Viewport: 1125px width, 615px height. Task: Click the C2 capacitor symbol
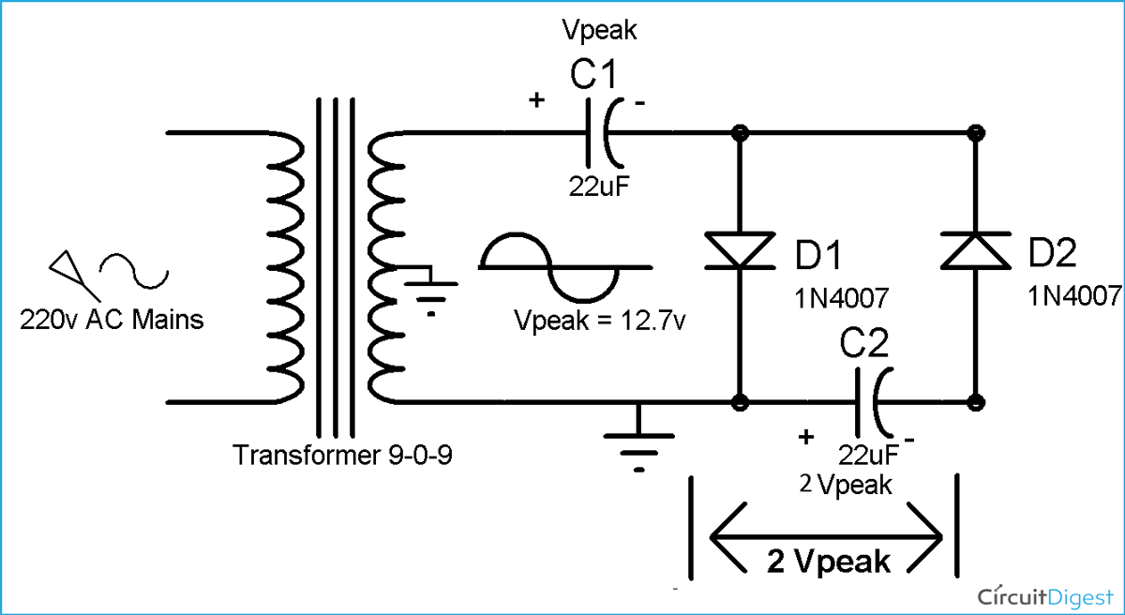(x=867, y=402)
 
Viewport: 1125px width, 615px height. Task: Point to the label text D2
(x=1053, y=253)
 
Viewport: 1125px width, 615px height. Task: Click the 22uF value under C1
(x=599, y=186)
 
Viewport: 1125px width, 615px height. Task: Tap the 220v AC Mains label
(x=112, y=321)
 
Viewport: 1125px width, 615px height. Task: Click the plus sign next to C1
(x=536, y=100)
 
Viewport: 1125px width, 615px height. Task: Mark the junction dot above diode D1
(x=740, y=133)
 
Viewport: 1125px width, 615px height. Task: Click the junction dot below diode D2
(x=976, y=402)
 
